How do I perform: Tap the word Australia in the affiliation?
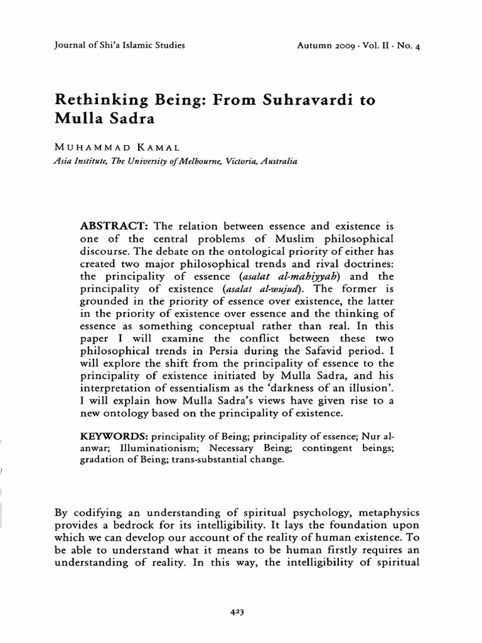coord(274,161)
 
